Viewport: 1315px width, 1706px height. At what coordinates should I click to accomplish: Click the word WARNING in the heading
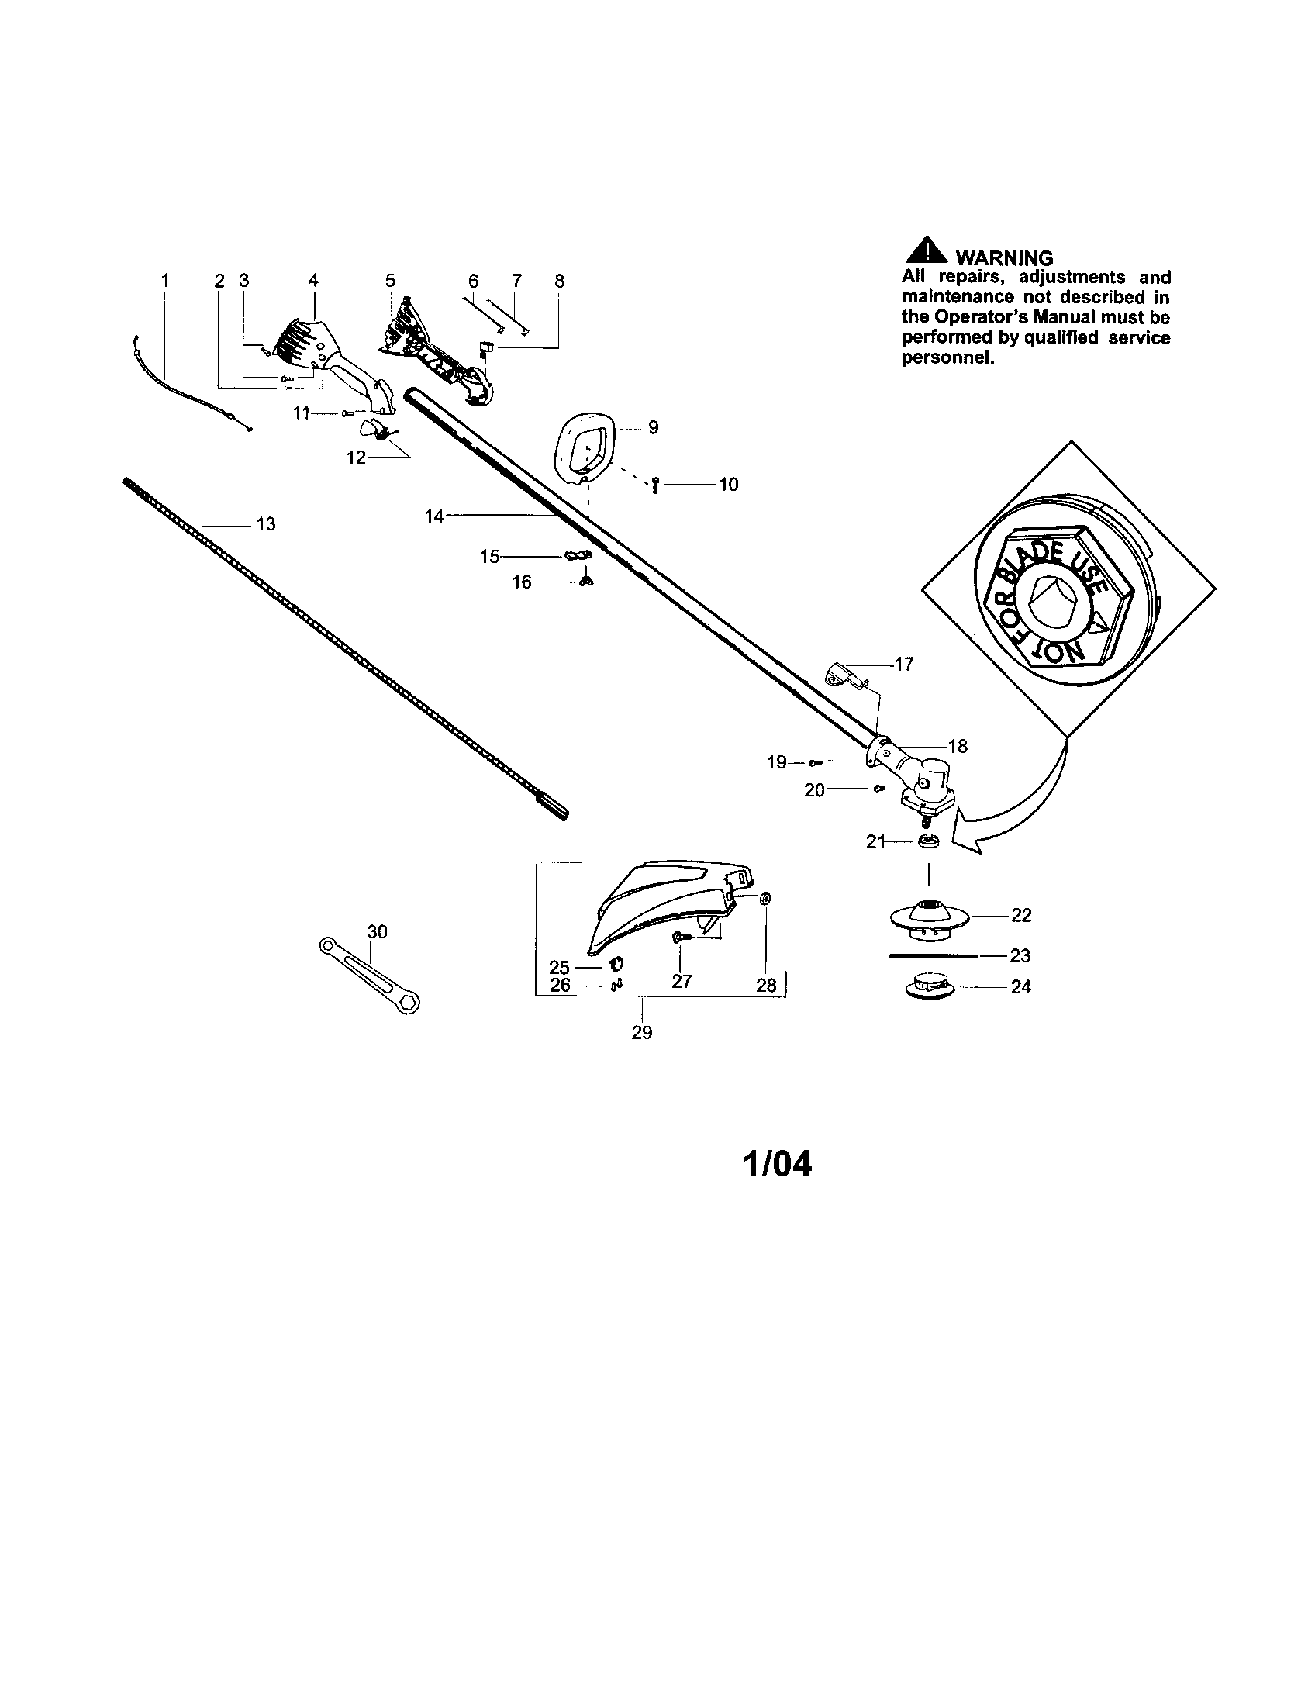pos(1003,257)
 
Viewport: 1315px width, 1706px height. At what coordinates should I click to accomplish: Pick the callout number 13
pos(265,524)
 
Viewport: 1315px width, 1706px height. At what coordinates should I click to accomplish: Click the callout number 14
pos(433,516)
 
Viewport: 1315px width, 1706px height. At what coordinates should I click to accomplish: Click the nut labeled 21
pos(927,841)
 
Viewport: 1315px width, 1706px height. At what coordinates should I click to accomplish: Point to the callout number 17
pos(903,664)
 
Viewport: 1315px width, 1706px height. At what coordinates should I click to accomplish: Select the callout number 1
pos(165,280)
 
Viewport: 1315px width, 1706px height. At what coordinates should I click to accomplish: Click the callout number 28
pos(766,986)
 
